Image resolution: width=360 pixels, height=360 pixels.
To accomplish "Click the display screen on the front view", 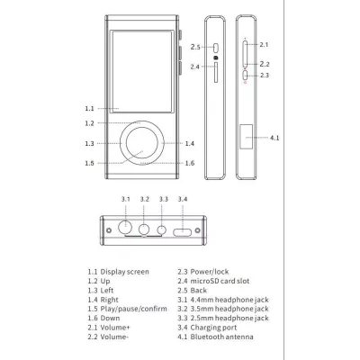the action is click(x=142, y=72).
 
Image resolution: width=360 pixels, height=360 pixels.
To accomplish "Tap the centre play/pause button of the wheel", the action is click(x=142, y=143).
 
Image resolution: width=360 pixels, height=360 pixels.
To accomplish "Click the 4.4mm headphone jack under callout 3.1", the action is click(x=125, y=227).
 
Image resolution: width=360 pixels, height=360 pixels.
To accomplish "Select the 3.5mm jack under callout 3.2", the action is click(x=144, y=229).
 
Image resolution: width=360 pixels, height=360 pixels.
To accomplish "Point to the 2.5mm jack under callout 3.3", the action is click(x=162, y=229).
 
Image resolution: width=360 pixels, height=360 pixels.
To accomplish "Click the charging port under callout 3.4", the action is click(x=182, y=232).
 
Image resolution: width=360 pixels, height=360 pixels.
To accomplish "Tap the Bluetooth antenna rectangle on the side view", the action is click(x=246, y=137).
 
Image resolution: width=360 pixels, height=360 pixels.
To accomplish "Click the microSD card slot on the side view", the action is click(x=216, y=72).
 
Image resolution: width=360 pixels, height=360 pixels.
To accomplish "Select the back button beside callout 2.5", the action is click(x=216, y=48).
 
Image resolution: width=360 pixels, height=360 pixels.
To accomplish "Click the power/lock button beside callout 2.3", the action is click(x=246, y=75).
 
